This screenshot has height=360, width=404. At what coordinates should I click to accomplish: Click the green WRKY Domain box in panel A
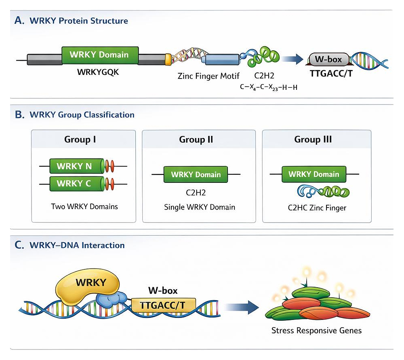[x=100, y=55]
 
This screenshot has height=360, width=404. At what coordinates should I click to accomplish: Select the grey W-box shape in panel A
[x=328, y=60]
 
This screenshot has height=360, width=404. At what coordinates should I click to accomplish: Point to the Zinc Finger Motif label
[x=208, y=76]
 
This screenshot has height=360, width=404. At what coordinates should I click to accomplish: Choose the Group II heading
[x=196, y=140]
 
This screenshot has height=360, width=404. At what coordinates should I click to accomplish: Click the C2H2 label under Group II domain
[x=196, y=193]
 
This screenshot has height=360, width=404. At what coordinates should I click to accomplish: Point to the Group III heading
[x=314, y=140]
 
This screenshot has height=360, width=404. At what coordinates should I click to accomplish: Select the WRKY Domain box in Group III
[x=314, y=174]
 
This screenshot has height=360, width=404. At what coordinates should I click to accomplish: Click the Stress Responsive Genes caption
[x=316, y=331]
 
